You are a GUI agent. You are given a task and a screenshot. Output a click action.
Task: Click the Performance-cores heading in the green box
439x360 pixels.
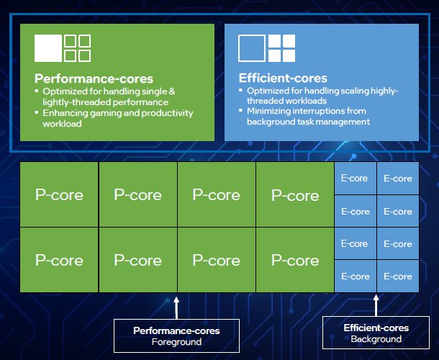(94, 78)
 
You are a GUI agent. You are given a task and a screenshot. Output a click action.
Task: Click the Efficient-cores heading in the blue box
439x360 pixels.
(283, 78)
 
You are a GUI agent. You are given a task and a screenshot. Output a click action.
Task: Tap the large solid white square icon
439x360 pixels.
(48, 48)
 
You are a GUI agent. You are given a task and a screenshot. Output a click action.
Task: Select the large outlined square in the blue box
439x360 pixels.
(252, 48)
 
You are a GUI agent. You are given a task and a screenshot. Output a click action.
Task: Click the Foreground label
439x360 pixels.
(176, 342)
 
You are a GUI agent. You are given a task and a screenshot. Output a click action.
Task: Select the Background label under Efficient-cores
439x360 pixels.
(376, 339)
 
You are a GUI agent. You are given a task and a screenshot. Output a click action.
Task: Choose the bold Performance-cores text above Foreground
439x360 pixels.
(176, 330)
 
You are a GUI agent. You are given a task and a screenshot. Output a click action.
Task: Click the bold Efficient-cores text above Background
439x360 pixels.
(376, 328)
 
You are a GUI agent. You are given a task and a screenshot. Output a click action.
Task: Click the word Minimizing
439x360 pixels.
(270, 111)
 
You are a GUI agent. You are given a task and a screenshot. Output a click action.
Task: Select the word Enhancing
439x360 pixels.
(66, 113)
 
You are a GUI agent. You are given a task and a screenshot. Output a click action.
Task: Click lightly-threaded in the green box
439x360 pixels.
(75, 102)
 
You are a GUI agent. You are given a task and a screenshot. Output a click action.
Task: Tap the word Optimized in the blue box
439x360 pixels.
(269, 91)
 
